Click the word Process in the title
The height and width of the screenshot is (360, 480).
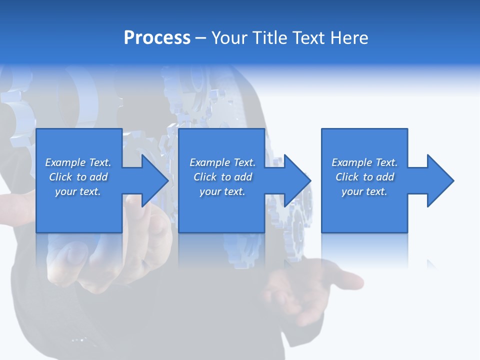pyautogui.click(x=157, y=38)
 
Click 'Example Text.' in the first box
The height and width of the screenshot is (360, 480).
pyautogui.click(x=78, y=162)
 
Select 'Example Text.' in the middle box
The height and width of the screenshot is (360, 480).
pyautogui.click(x=222, y=162)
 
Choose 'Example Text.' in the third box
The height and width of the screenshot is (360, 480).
pyautogui.click(x=364, y=162)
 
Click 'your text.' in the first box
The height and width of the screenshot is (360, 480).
pyautogui.click(x=78, y=191)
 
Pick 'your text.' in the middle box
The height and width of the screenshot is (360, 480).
pyautogui.click(x=222, y=191)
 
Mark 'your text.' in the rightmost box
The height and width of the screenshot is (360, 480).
pyautogui.click(x=364, y=191)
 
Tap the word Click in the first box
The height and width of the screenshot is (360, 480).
pyautogui.click(x=60, y=177)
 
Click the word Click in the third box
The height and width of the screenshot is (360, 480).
pyautogui.click(x=347, y=177)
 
